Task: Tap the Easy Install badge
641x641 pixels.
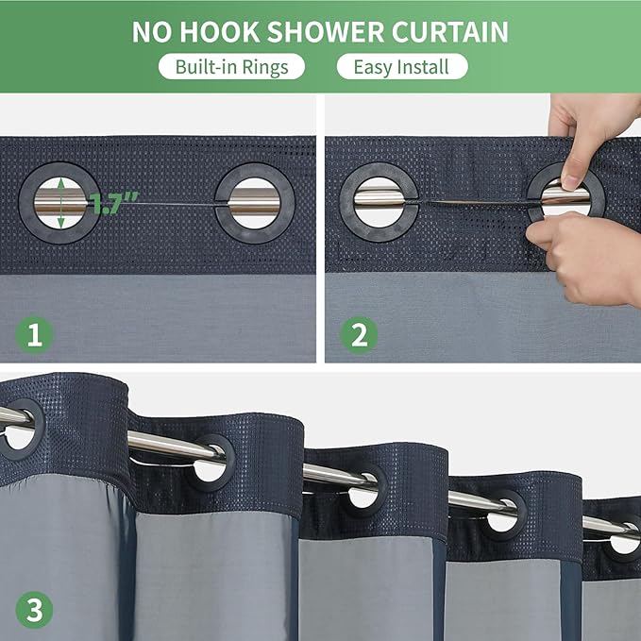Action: pyautogui.click(x=401, y=67)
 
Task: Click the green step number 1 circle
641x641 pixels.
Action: pyautogui.click(x=34, y=335)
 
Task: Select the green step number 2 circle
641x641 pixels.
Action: pyautogui.click(x=359, y=335)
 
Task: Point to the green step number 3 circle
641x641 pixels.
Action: pyautogui.click(x=34, y=611)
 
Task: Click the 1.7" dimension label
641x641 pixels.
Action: pyautogui.click(x=115, y=202)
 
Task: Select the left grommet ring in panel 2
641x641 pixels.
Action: pyautogui.click(x=380, y=202)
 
